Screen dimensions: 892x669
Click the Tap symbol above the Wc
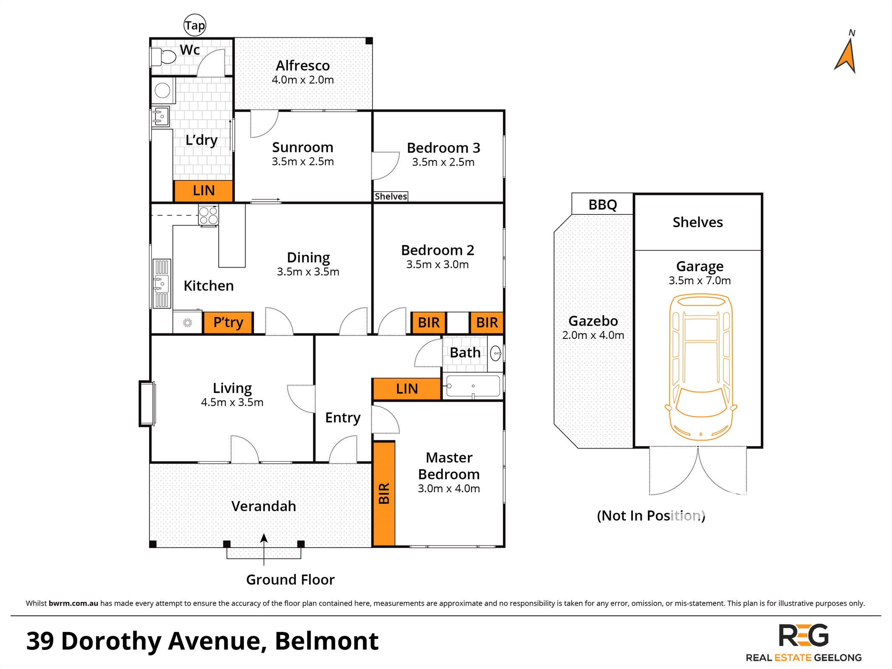point(195,25)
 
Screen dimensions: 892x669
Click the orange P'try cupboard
point(228,322)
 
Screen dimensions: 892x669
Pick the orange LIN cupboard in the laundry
point(203,191)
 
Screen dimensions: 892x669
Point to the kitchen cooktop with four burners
point(209,215)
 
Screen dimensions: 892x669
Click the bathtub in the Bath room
point(473,386)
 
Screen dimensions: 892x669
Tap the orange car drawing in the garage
point(701,368)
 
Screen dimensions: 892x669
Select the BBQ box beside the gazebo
point(602,204)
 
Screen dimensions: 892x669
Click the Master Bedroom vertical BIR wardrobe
point(384,494)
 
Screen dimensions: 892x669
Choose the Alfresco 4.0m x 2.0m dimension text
point(303,80)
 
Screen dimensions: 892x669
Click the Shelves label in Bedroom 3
point(391,196)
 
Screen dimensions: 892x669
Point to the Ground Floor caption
point(290,579)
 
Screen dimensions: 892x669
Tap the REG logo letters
point(804,635)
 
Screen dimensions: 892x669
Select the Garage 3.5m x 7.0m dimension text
point(700,280)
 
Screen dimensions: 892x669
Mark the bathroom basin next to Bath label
point(496,353)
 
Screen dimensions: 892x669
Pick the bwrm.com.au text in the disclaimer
point(73,603)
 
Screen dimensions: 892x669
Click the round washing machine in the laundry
point(163,90)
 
